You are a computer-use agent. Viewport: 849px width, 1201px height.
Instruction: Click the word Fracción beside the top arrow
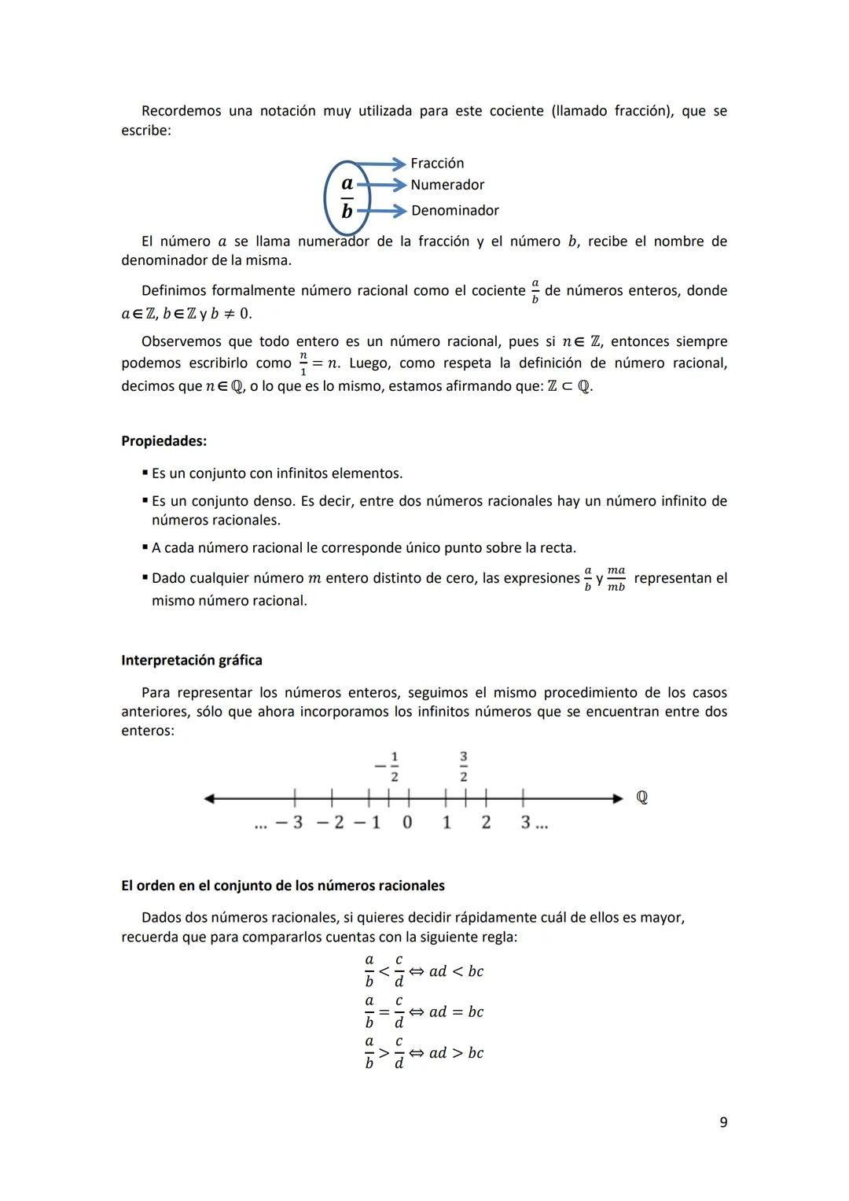(437, 163)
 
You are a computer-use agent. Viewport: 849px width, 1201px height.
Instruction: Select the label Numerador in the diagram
(447, 185)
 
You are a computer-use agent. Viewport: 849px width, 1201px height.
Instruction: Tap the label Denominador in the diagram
(454, 210)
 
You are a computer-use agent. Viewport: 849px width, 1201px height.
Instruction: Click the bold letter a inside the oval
(347, 183)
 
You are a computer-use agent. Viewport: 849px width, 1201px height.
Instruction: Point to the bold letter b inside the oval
(347, 211)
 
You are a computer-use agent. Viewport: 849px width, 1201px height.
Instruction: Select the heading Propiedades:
(164, 441)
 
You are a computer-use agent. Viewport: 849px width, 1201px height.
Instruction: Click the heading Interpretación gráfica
(192, 660)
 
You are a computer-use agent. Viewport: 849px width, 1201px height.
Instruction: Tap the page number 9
(723, 1122)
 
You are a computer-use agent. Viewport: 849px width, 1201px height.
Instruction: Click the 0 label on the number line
(407, 823)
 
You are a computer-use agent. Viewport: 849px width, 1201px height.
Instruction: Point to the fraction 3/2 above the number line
(464, 767)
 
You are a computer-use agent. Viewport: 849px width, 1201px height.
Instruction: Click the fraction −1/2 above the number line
(388, 767)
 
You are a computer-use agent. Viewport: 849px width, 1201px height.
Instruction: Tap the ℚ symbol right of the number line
(641, 798)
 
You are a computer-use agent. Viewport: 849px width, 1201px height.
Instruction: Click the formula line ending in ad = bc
(424, 1011)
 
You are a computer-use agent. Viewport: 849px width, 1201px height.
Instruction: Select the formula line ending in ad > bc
(424, 1052)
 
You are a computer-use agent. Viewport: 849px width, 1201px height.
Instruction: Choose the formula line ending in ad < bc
(424, 971)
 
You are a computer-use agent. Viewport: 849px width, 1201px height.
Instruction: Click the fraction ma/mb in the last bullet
(616, 579)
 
